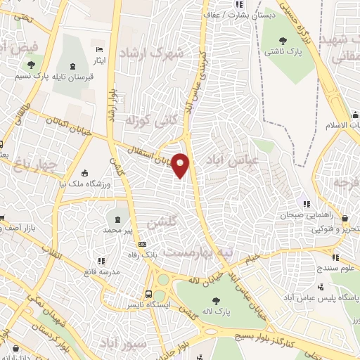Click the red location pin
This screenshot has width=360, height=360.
coord(181,166)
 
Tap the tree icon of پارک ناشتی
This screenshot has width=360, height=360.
coord(283,40)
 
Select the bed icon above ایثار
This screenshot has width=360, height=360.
coord(98,49)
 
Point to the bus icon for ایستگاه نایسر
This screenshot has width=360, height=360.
coord(148,294)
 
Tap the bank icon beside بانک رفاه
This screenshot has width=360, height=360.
coord(143,245)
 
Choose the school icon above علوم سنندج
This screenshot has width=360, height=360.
coord(335,257)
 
